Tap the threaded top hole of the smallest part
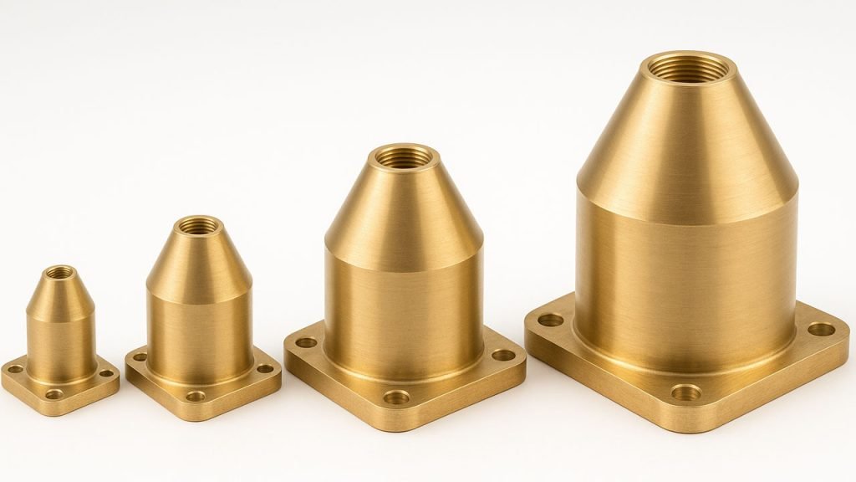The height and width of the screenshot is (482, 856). point(59,272)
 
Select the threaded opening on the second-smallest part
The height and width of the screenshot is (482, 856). point(198,225)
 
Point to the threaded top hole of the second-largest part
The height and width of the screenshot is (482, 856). point(404,156)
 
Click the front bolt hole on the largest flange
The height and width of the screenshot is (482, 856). point(685,392)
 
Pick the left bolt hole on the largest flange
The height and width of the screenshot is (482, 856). point(550,320)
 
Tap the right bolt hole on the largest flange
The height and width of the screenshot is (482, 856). point(821,329)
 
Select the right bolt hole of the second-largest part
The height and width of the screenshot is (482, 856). point(503,355)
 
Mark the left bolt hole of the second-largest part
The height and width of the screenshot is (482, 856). point(306,342)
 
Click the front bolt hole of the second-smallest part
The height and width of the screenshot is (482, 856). point(196,396)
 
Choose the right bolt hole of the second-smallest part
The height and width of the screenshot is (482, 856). point(265,368)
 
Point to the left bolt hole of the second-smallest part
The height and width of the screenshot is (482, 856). point(139,357)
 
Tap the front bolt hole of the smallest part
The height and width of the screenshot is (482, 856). point(54,394)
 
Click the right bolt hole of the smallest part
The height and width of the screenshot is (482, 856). point(106,374)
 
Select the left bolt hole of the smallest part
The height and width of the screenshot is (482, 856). point(15,368)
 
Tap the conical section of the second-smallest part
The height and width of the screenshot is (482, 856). point(198,259)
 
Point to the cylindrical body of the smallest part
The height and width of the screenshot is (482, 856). point(60,343)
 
